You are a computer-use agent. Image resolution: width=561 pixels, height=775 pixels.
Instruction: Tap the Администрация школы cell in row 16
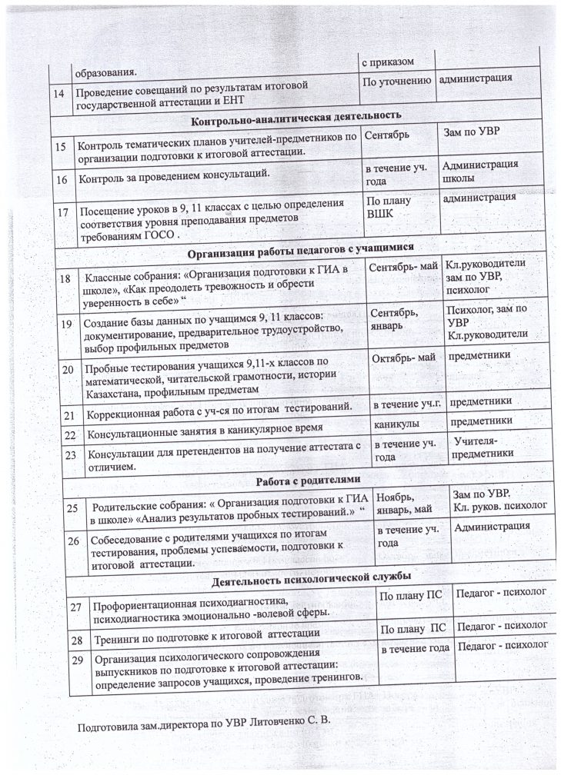point(480,171)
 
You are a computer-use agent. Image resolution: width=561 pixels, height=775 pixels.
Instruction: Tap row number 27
point(76,607)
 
